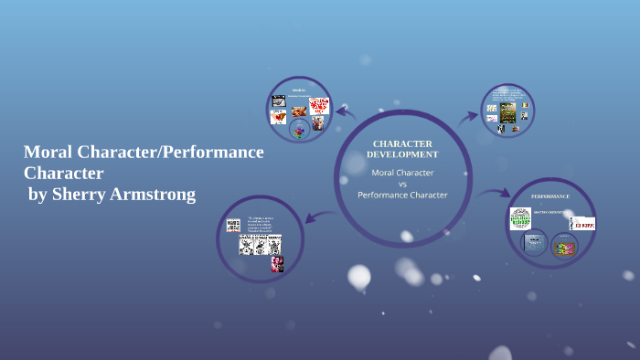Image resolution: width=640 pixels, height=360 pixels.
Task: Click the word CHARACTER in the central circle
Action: click(402, 143)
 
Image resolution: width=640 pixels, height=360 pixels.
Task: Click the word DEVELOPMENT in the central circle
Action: click(402, 154)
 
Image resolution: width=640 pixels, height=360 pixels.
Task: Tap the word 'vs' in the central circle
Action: click(401, 183)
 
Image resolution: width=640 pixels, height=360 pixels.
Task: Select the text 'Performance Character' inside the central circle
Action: click(402, 195)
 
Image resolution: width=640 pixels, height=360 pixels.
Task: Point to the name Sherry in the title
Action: click(76, 194)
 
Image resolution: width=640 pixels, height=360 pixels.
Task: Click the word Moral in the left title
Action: click(46, 152)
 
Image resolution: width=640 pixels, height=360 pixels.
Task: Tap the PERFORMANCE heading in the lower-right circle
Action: click(550, 196)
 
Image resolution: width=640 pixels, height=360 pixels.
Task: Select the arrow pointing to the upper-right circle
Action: click(468, 116)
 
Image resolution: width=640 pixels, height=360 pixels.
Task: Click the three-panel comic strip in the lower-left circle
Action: click(260, 245)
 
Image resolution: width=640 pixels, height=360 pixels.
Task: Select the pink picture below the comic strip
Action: click(277, 264)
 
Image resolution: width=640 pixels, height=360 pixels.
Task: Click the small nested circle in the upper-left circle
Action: click(298, 131)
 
